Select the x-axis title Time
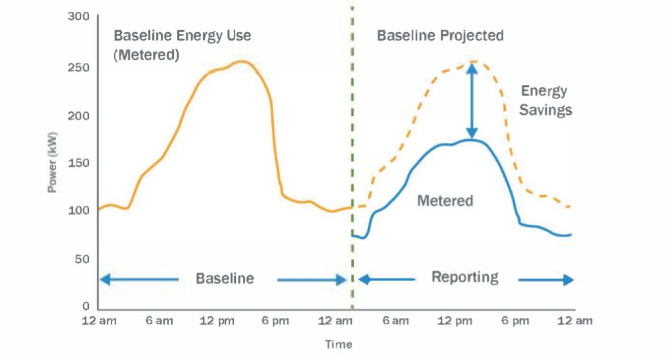(x=338, y=344)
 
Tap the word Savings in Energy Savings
(x=545, y=109)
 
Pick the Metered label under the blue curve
(x=445, y=201)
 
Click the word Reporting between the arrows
(x=465, y=277)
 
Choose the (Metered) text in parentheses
(x=146, y=54)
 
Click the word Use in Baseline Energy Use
(x=236, y=36)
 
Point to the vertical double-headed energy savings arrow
(x=472, y=101)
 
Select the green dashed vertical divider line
(x=352, y=149)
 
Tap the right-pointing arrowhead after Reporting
(x=568, y=280)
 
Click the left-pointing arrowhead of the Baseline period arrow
(x=105, y=280)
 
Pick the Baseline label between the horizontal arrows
(x=225, y=278)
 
